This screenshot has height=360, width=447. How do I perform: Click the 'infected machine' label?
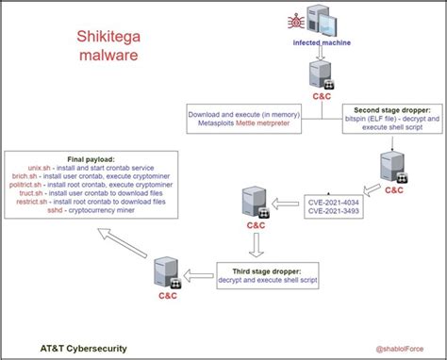tap(323, 43)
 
